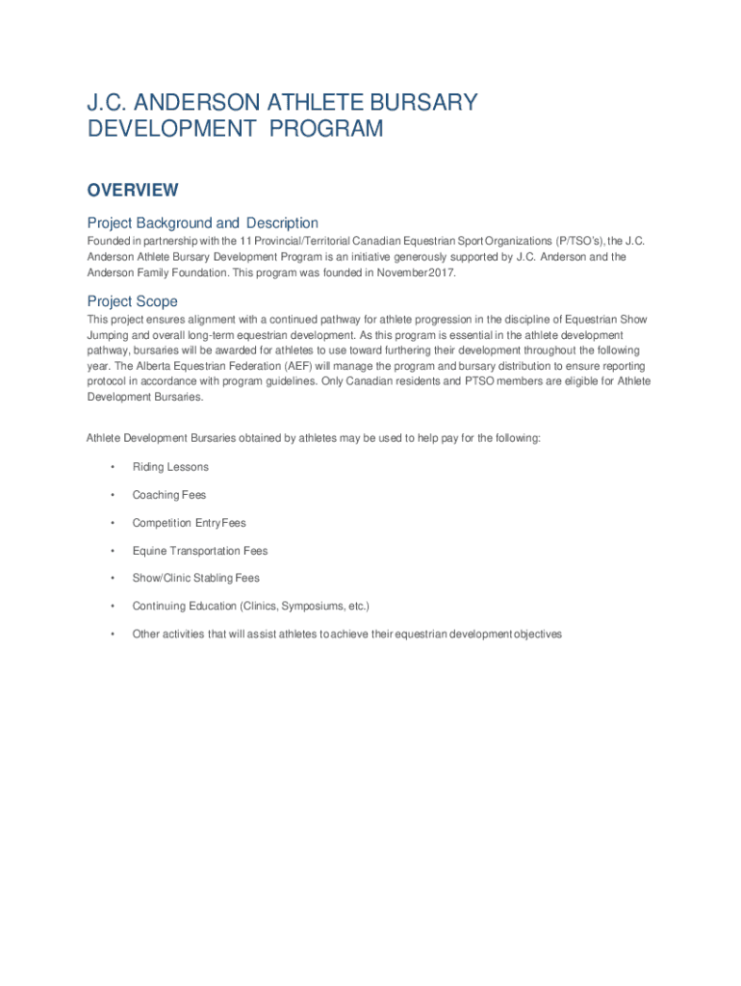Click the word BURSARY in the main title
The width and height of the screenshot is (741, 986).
423,102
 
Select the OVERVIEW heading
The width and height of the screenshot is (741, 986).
133,191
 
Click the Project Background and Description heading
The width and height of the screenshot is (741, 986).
202,223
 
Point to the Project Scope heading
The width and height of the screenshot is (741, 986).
132,301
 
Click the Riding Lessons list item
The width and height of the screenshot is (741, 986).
170,467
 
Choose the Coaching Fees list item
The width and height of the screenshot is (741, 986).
169,495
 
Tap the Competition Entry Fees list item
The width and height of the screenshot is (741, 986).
189,523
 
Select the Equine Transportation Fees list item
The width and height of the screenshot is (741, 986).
200,551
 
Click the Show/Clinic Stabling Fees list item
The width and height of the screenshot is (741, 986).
196,578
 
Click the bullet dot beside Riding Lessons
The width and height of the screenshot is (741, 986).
113,467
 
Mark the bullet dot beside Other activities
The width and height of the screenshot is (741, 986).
113,634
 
